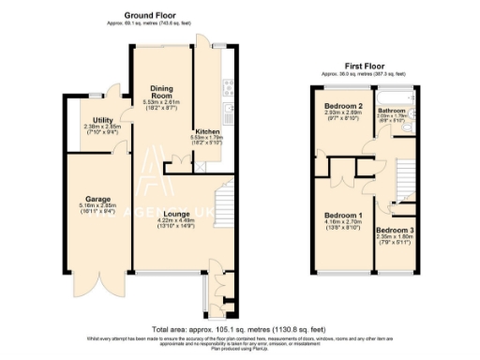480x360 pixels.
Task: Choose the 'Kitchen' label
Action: tap(206, 131)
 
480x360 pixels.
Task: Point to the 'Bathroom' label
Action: tap(389, 110)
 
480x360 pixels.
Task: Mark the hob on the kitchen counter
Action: tap(226, 89)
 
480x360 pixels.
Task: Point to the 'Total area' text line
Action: tap(241, 329)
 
